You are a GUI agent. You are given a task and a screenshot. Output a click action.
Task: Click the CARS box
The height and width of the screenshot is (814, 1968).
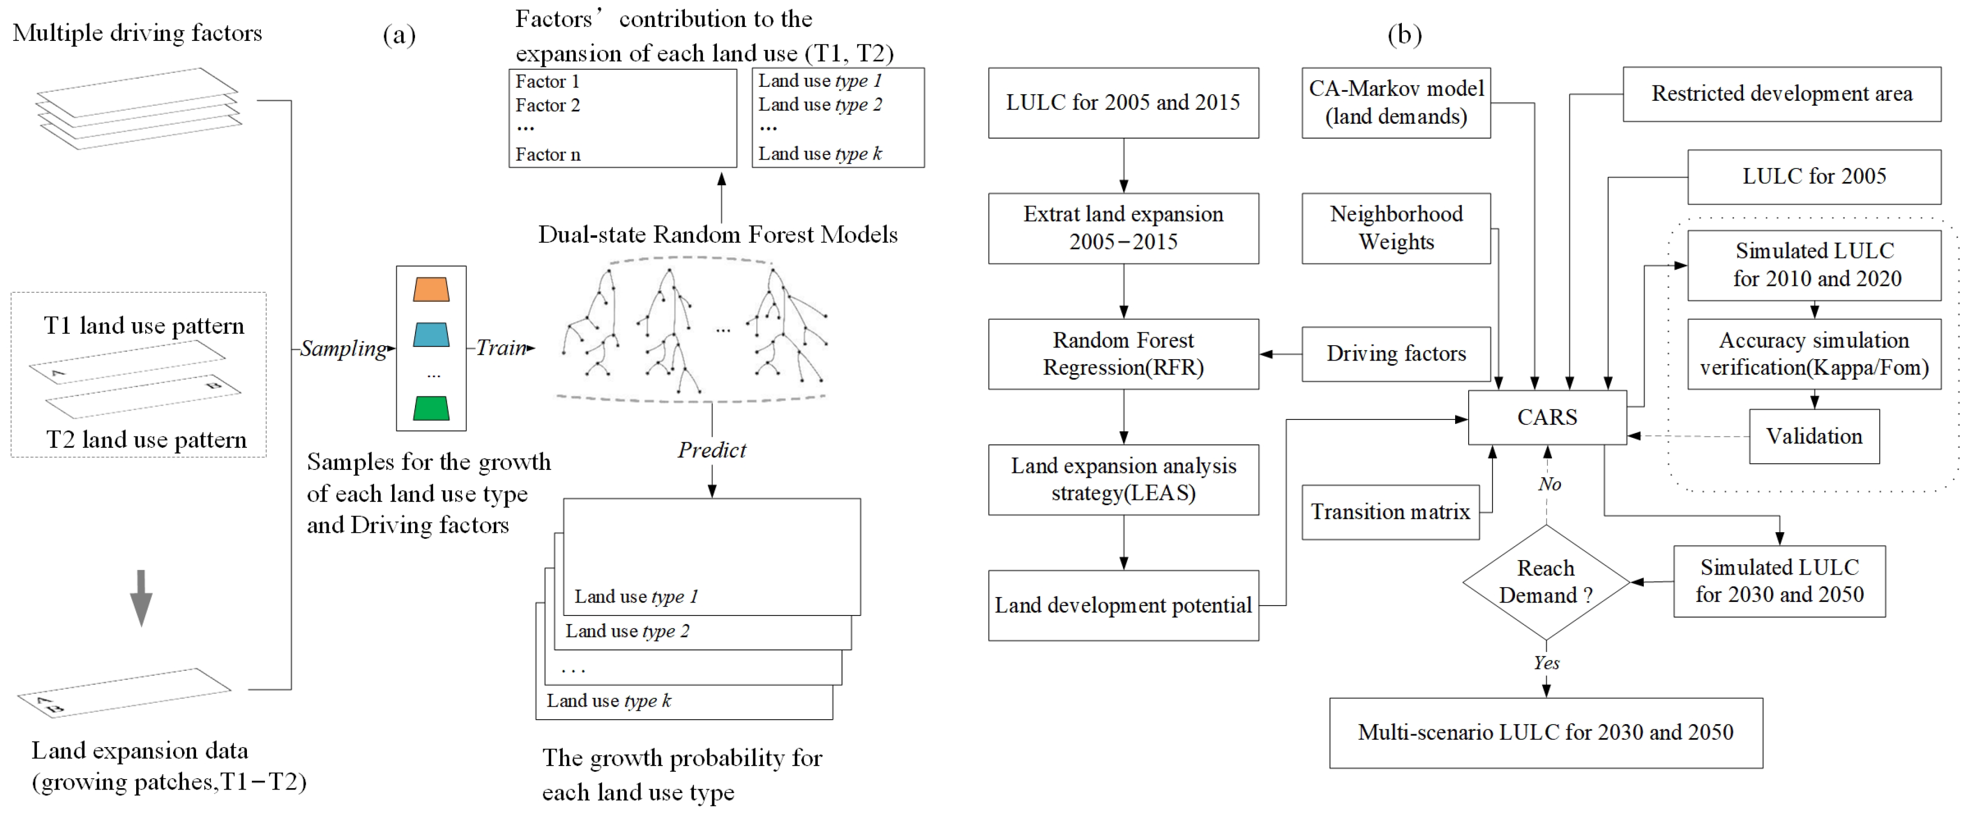click(1546, 417)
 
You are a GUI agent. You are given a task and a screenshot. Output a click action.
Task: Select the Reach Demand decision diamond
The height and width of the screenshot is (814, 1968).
click(1545, 582)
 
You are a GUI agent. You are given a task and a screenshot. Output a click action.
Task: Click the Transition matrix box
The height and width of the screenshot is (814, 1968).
click(1390, 512)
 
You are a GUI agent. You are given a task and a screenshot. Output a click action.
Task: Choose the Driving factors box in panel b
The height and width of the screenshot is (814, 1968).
click(1396, 354)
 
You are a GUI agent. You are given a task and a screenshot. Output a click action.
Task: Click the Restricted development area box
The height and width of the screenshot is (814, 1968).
click(1781, 94)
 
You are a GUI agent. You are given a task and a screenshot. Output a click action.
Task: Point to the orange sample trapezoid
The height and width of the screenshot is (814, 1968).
click(431, 289)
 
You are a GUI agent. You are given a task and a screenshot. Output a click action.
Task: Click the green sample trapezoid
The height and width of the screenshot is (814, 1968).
click(431, 408)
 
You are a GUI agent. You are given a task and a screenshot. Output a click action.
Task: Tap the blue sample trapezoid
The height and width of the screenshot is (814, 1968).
click(431, 335)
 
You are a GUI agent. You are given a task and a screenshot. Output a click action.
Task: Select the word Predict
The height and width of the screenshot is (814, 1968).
click(711, 450)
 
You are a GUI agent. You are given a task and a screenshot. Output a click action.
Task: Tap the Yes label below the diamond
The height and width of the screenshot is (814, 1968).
click(1546, 663)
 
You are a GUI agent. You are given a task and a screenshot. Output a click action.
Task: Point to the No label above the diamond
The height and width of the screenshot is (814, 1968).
click(1549, 484)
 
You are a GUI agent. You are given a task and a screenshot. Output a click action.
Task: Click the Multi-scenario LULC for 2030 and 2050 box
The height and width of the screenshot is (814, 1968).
click(1545, 732)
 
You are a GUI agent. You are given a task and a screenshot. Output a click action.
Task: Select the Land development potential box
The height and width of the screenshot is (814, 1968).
click(1123, 606)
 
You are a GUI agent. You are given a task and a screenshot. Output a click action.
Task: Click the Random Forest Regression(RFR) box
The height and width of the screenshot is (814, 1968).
click(1123, 354)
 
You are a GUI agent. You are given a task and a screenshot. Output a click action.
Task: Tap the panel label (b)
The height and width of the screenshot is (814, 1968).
click(1404, 35)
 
